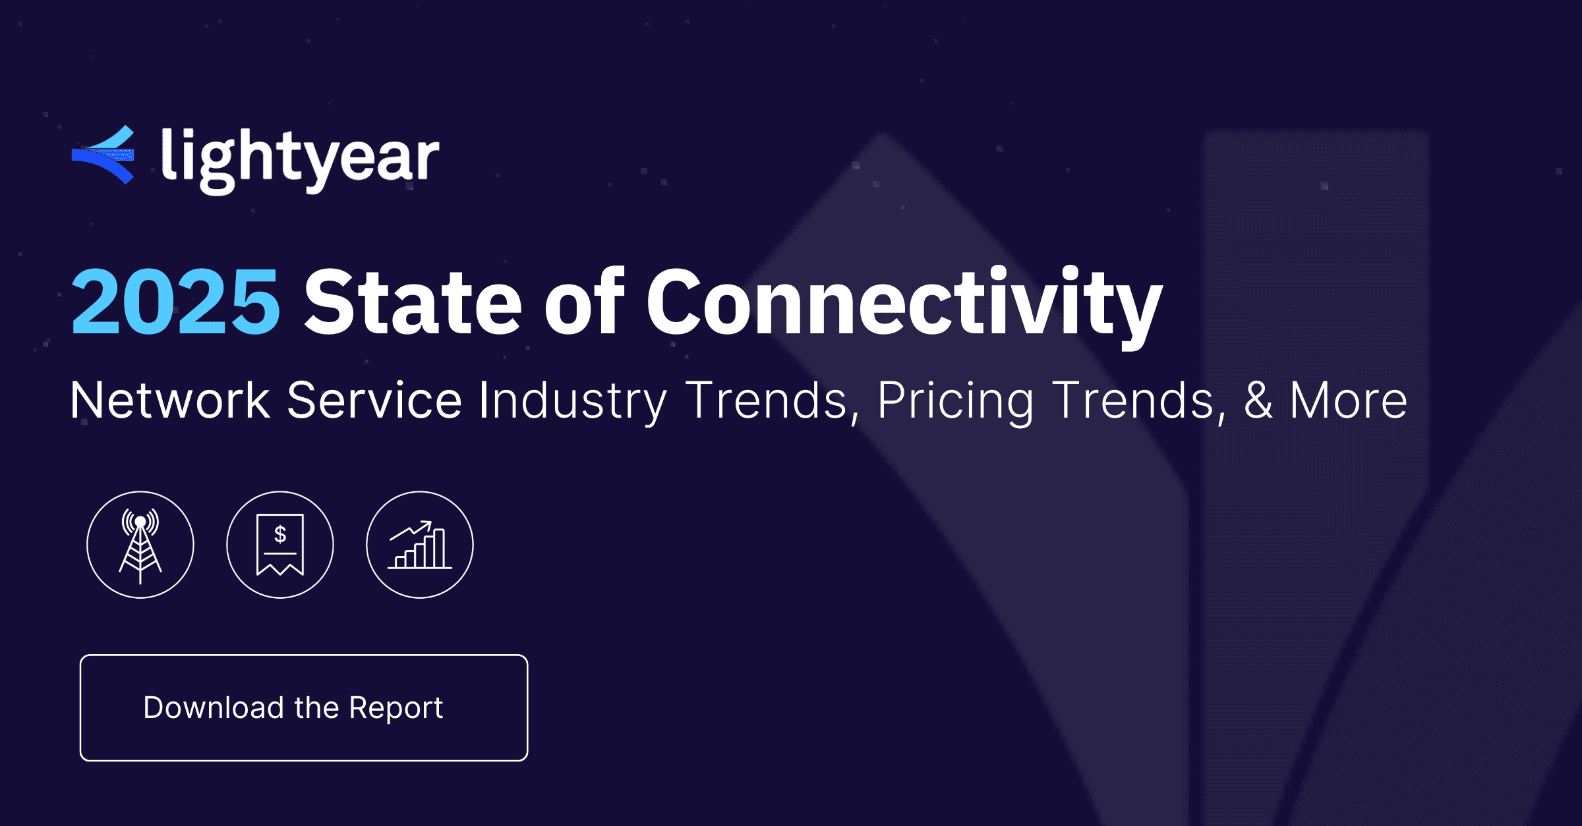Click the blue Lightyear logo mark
pos(103,155)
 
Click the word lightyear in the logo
pos(300,158)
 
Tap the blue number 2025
pos(175,302)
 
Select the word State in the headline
pos(413,302)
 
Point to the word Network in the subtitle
pos(170,400)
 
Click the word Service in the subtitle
pos(374,400)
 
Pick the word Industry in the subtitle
pos(572,400)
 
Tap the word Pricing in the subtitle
pos(955,400)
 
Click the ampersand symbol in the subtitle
pos(1258,400)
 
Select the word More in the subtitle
pos(1348,400)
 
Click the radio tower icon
pos(140,545)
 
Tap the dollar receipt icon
pos(280,545)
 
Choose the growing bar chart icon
pos(420,545)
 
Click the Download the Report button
pos(304,708)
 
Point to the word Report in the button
pos(395,708)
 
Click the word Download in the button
pos(214,708)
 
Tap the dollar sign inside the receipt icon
pos(280,534)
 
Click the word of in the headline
pos(583,302)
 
